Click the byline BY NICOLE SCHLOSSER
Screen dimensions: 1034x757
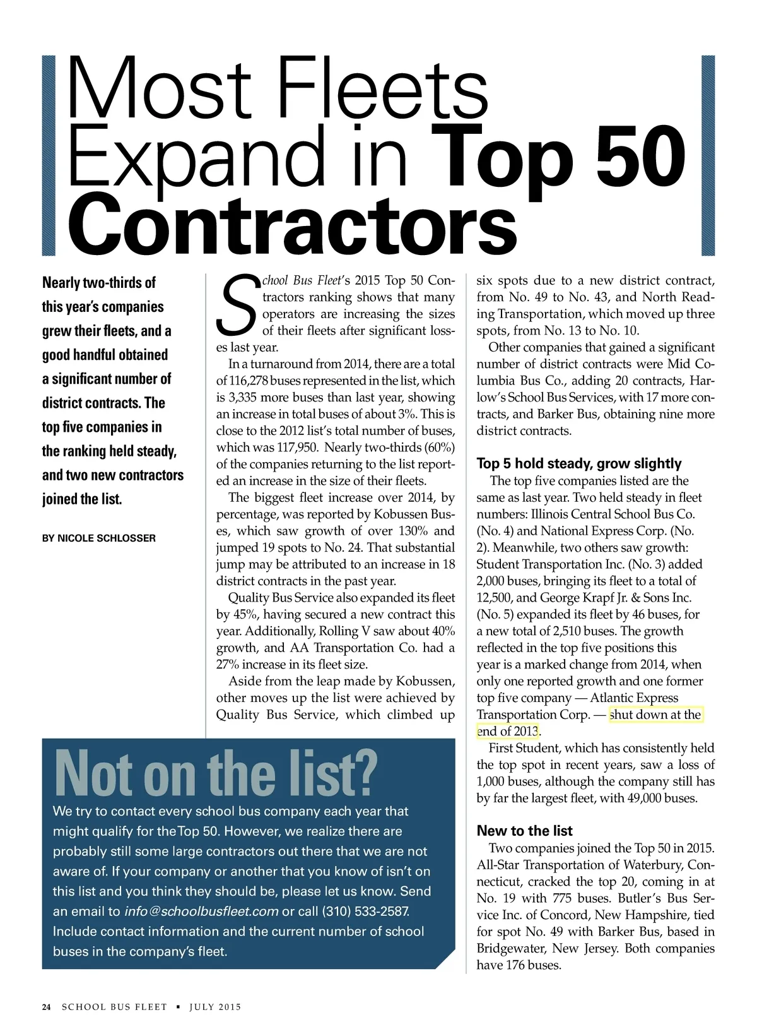[x=98, y=538]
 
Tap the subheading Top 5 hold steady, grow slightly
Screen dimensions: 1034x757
[x=578, y=463]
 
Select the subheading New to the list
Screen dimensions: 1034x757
[x=524, y=831]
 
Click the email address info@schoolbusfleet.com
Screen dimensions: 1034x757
[x=201, y=912]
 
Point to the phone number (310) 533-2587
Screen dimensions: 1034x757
[x=365, y=912]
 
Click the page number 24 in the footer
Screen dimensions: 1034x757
[x=46, y=1007]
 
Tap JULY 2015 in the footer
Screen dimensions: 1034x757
[x=215, y=1007]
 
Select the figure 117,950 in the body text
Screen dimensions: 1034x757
[x=296, y=448]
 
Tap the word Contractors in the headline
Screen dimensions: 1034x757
[x=291, y=224]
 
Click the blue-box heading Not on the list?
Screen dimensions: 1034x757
[x=215, y=773]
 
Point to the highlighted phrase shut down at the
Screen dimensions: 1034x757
[x=655, y=715]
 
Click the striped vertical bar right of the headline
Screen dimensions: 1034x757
[x=708, y=155]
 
